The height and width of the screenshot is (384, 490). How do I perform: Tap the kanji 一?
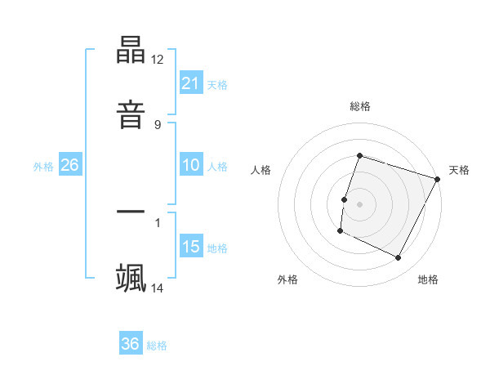point(131,212)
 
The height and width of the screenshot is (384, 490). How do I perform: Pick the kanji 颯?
point(131,276)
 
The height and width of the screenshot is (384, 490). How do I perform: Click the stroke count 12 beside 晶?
point(158,60)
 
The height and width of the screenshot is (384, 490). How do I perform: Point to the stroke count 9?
point(157,124)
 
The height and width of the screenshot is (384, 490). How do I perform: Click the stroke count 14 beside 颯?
point(158,288)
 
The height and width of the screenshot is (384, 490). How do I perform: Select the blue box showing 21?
point(191,83)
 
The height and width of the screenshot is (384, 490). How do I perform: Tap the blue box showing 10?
point(191,165)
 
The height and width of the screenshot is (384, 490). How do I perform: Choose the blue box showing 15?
point(191,247)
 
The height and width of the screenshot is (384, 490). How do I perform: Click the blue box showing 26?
point(69,165)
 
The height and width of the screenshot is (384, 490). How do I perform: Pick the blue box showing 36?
point(131,344)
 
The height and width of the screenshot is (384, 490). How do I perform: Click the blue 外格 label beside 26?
point(43,167)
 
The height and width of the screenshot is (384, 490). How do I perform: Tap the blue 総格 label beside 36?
point(157,346)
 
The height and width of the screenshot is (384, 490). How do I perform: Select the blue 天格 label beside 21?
point(217,84)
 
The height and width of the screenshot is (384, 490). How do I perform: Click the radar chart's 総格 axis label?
point(360,106)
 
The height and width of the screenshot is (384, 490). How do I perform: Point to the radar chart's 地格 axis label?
point(428,279)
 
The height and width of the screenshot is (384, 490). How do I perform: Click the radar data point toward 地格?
point(399,258)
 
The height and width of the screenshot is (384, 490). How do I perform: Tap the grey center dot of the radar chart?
point(360,203)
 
